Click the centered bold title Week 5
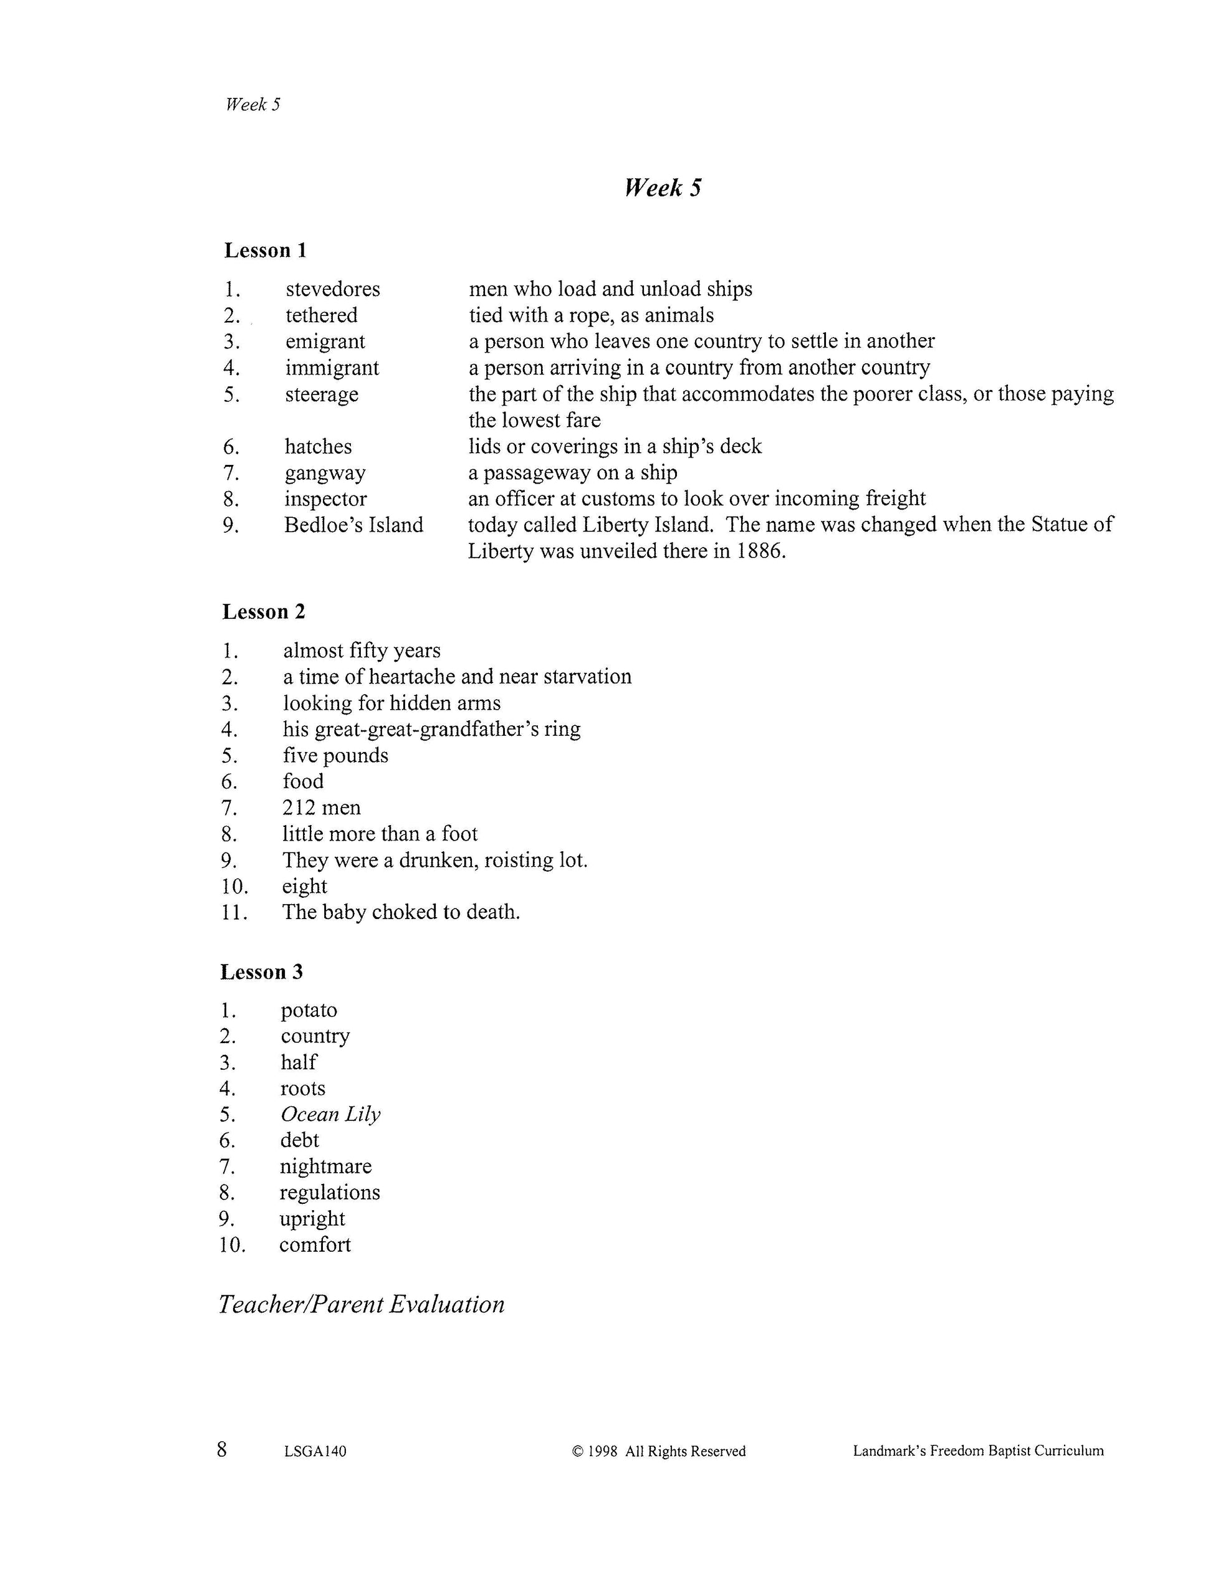coord(663,188)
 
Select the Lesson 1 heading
coord(265,250)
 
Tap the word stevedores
coord(333,289)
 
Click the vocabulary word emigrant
coord(325,341)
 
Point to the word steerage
coord(321,394)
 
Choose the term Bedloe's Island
coord(353,525)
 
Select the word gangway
coord(325,473)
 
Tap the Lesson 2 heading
coord(264,611)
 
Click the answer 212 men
coord(321,808)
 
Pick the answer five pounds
coord(335,755)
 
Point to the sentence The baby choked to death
coord(401,912)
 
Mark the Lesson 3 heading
coord(262,972)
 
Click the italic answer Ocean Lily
coord(330,1114)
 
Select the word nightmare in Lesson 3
coord(325,1166)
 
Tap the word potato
coord(309,1010)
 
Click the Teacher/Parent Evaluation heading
coord(362,1305)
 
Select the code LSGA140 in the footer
coord(315,1451)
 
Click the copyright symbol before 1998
coord(577,1451)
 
